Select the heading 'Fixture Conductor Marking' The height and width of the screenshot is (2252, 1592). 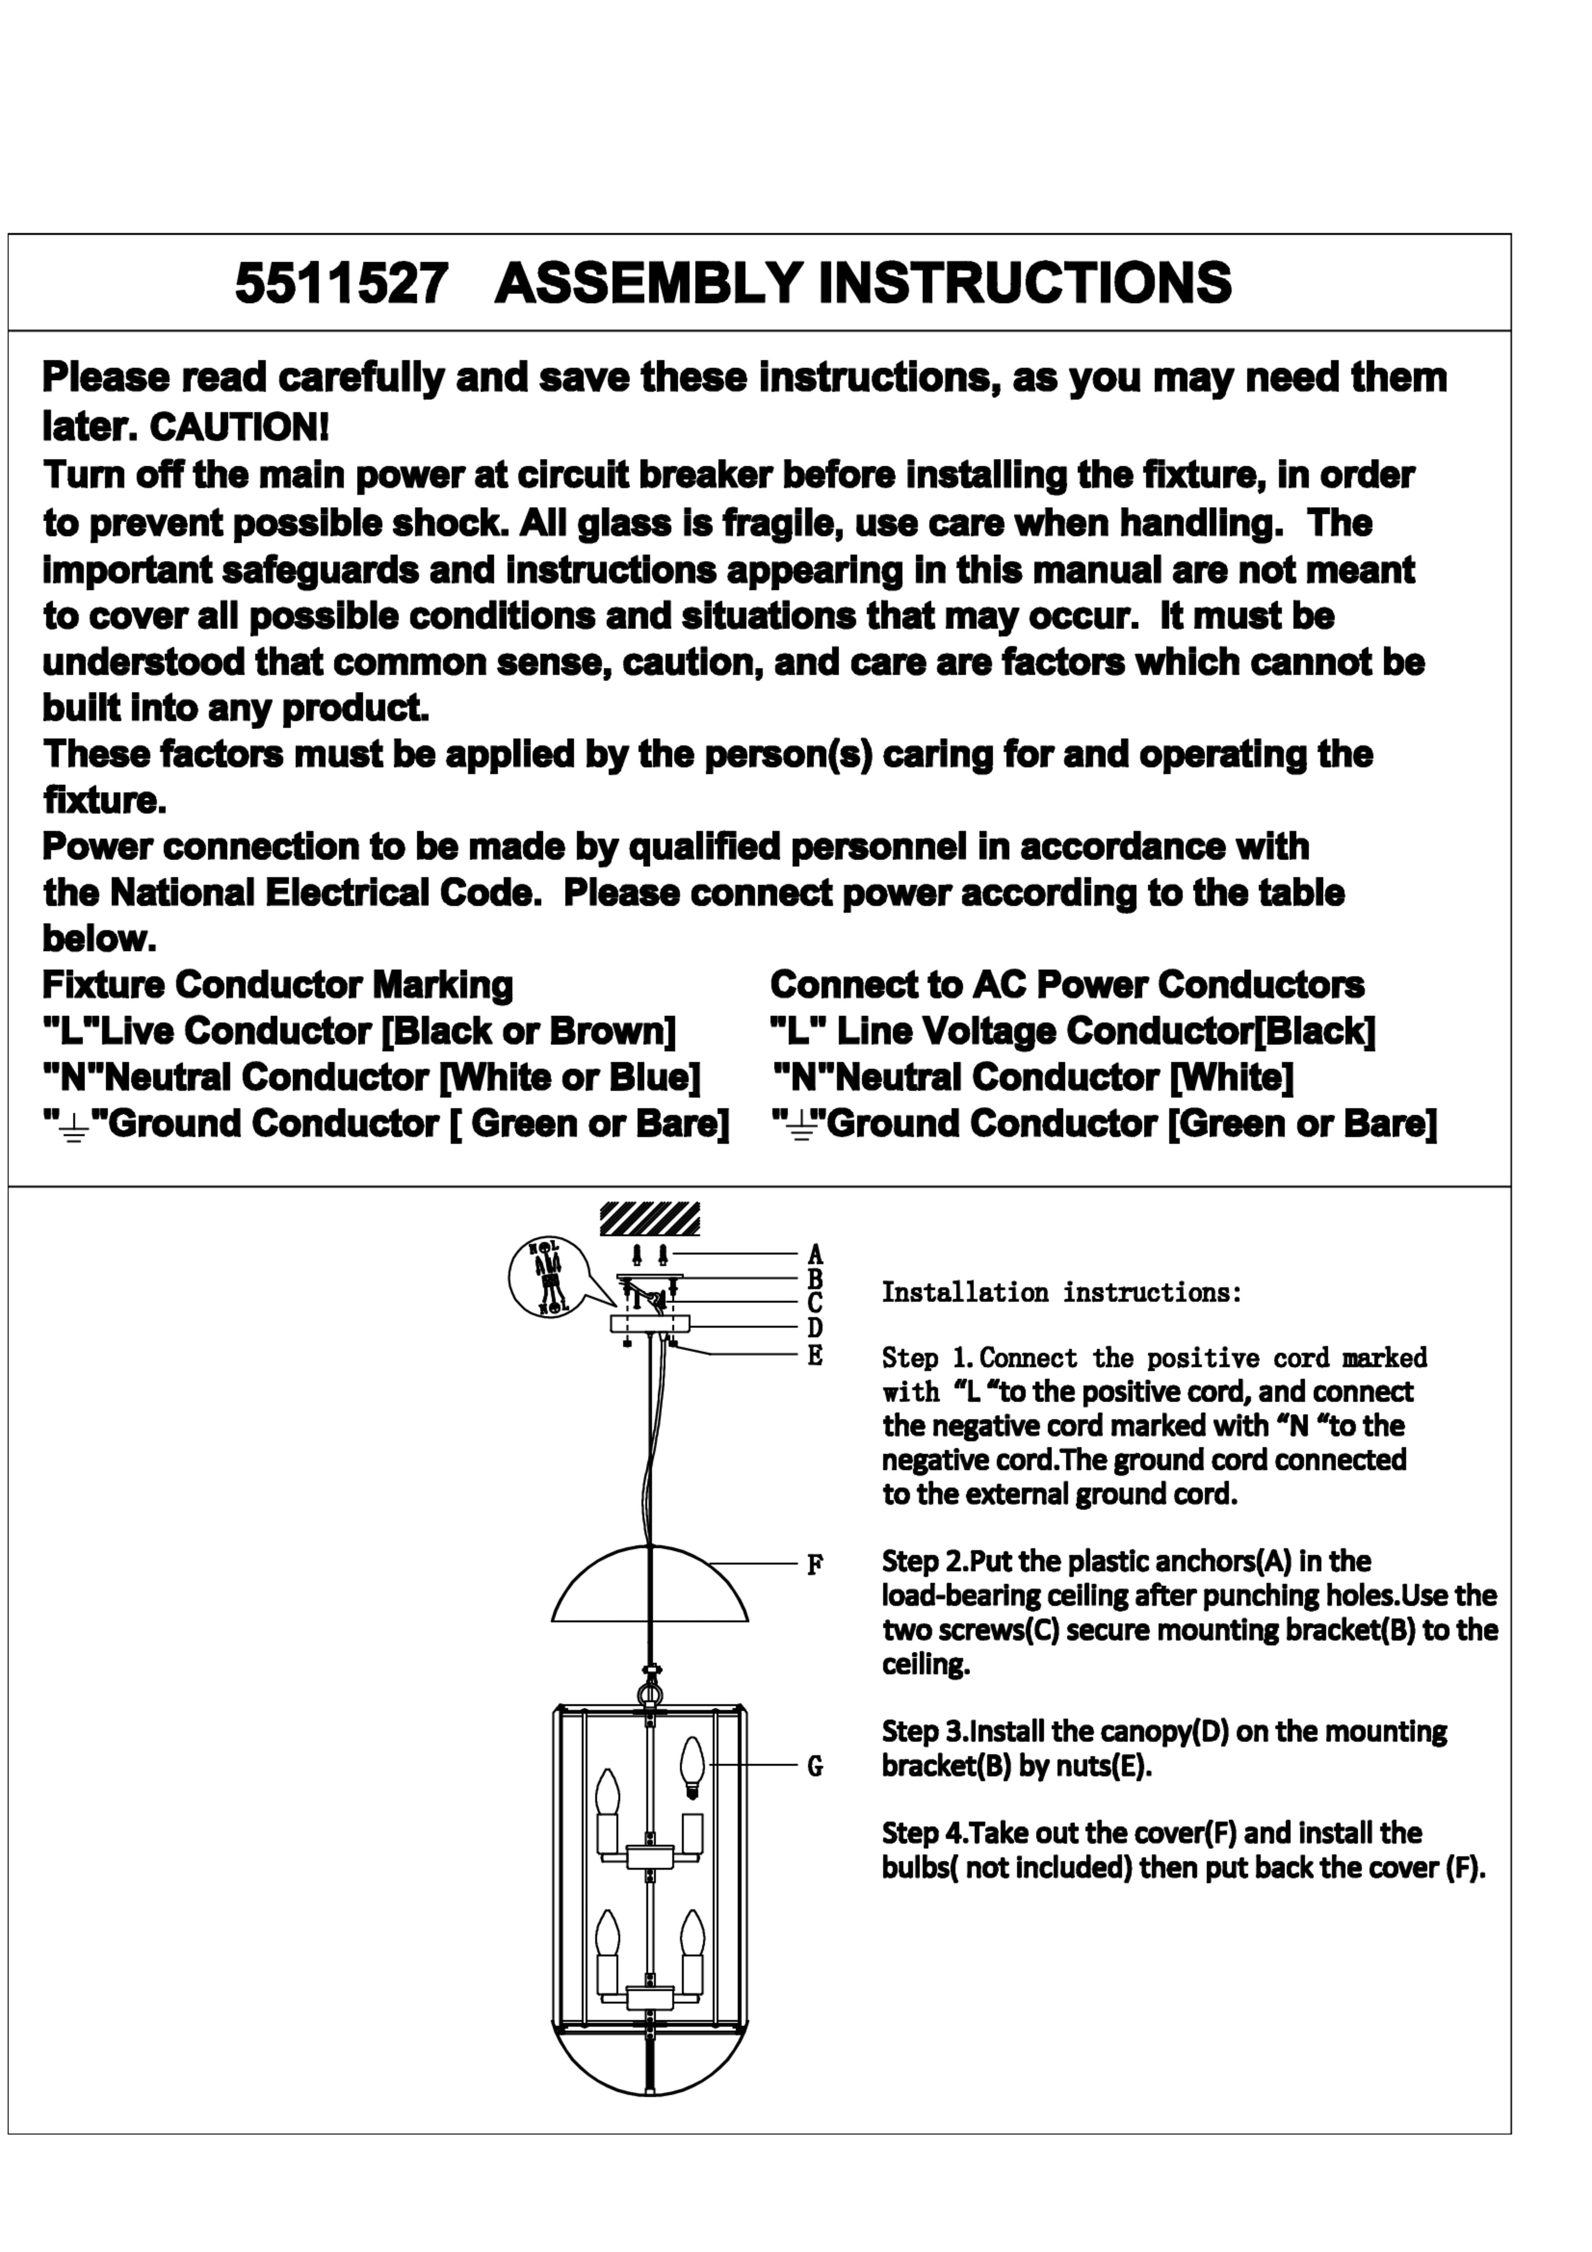(x=277, y=985)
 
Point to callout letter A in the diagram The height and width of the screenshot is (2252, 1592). (x=815, y=1254)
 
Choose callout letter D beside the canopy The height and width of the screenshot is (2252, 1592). (x=815, y=1328)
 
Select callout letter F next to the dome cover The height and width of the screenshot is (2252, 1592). (x=815, y=1564)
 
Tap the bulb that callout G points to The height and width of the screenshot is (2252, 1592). (x=692, y=1766)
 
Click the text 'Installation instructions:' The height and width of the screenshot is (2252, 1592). (x=1061, y=1293)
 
